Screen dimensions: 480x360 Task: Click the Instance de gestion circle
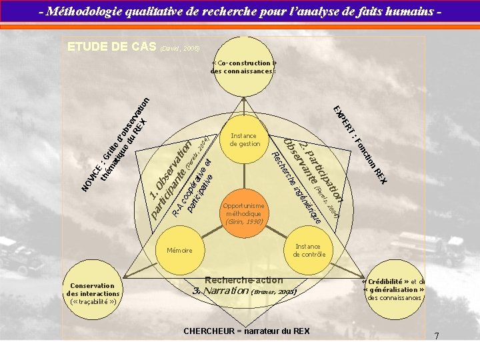tap(245, 140)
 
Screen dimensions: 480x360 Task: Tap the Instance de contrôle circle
tap(308, 250)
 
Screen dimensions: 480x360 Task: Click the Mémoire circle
tap(179, 251)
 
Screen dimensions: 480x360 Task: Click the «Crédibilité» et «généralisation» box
tap(395, 289)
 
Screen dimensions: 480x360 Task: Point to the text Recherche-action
tap(244, 281)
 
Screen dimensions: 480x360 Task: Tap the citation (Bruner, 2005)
tap(273, 291)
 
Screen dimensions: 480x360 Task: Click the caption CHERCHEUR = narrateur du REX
tap(246, 331)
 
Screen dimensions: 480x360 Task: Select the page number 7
tap(436, 336)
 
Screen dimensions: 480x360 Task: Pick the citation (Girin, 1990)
tap(245, 221)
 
